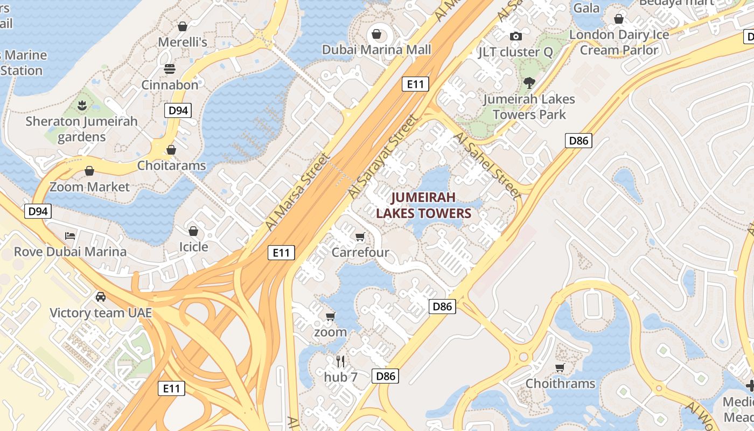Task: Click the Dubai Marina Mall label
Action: [376, 50]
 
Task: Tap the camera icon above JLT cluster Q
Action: [516, 36]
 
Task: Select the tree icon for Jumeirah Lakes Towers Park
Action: [529, 83]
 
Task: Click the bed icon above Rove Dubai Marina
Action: [70, 235]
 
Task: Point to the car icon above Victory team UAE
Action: [101, 296]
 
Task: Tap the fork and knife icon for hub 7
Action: [340, 360]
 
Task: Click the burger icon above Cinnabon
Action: [170, 69]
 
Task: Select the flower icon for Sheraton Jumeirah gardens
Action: [82, 105]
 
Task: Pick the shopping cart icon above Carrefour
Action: [360, 237]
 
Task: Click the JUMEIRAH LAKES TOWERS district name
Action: [423, 205]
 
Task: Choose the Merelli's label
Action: [183, 42]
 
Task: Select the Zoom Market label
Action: [90, 187]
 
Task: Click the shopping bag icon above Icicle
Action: [193, 231]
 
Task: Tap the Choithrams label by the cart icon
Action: [560, 384]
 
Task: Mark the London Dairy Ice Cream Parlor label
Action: [619, 42]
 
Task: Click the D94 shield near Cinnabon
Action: [178, 110]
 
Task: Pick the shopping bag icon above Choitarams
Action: [171, 149]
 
